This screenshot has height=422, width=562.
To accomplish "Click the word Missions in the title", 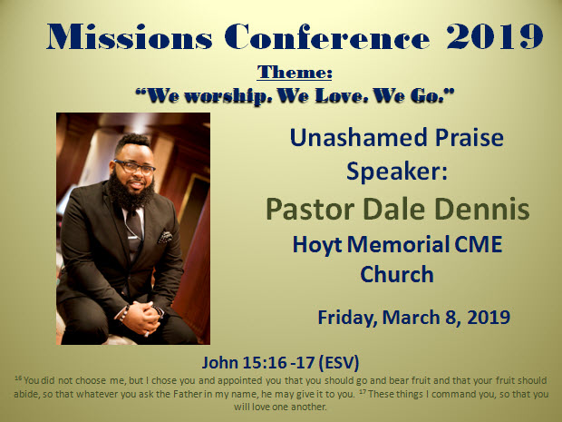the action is point(130,36).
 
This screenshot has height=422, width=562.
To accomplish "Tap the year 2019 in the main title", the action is point(495,36).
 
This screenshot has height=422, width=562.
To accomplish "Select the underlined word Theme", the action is point(295,72).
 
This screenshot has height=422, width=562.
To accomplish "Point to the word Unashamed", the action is point(358,137).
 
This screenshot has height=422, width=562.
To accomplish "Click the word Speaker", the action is point(397,172).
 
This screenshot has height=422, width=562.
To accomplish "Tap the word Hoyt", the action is point(317,245).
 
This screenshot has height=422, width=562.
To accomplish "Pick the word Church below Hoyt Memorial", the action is point(397,274).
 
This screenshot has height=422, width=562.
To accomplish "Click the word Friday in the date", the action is point(347,318).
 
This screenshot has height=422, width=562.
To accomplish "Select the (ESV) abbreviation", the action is point(339,362).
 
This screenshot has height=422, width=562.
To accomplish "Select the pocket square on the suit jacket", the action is point(165,237).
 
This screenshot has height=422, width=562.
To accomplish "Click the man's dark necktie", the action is point(134,230).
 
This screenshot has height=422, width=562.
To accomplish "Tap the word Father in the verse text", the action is point(189,394).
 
